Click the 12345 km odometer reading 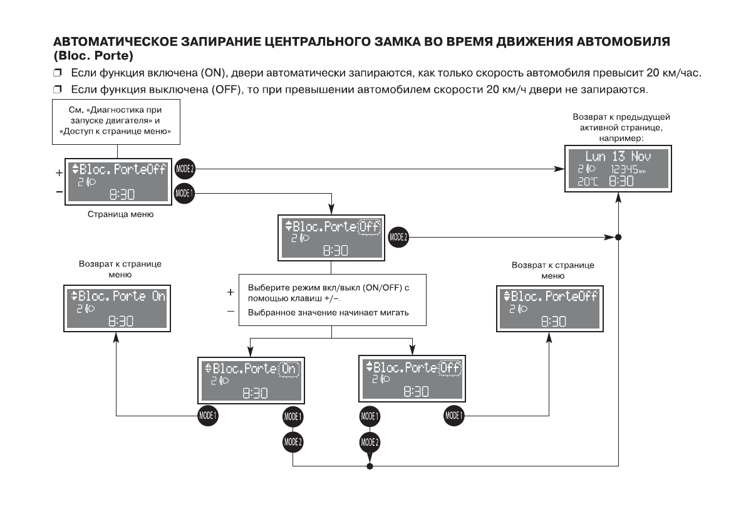coord(627,169)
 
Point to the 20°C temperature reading coord(588,182)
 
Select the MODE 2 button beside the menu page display coord(185,169)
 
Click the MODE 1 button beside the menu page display coord(185,192)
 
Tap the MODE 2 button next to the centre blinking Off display coord(399,237)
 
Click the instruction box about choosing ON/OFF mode coord(332,300)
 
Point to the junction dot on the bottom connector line coord(370,467)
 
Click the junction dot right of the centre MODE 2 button coord(618,238)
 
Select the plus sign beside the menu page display coord(60,171)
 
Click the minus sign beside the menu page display coord(60,192)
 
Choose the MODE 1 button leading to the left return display coord(209,414)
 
